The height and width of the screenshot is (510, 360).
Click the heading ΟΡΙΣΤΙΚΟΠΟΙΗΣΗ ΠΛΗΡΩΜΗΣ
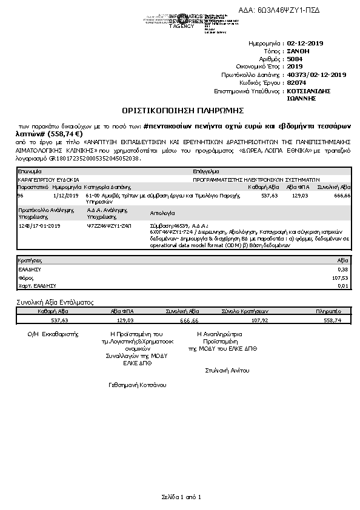click(182, 111)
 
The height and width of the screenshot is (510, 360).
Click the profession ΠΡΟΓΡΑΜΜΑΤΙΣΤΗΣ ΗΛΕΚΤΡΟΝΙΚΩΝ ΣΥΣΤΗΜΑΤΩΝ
click(256, 180)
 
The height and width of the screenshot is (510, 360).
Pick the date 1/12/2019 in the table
click(66, 196)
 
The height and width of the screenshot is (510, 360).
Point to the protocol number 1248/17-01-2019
click(39, 225)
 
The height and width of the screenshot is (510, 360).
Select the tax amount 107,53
click(342, 277)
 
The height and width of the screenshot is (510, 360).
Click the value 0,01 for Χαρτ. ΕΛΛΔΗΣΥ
click(344, 285)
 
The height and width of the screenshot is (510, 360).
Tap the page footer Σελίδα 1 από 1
click(180, 497)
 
